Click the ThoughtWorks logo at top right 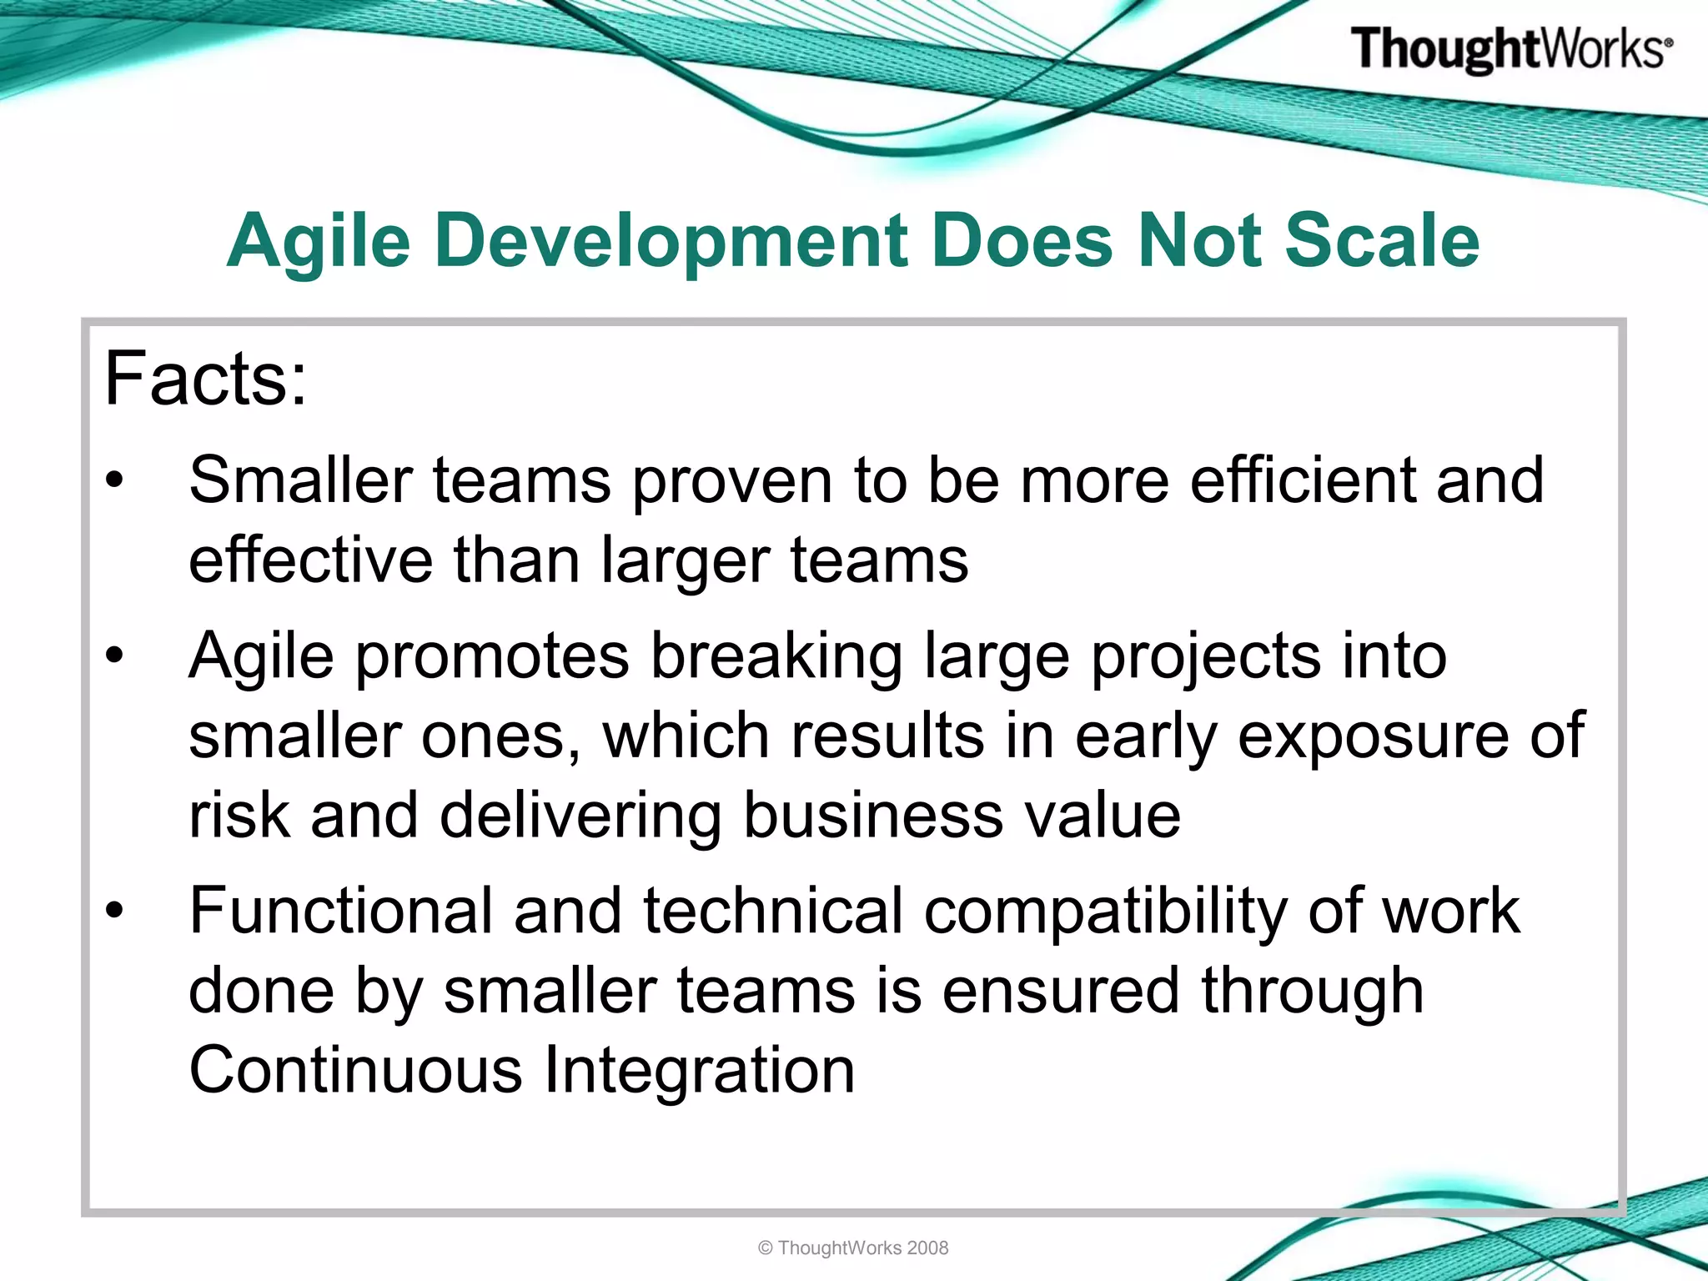tap(1510, 49)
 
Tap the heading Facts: tap(205, 379)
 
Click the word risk tap(239, 816)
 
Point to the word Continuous tap(355, 1071)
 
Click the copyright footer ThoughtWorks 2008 tap(853, 1248)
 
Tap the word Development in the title tap(671, 242)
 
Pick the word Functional tap(341, 911)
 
